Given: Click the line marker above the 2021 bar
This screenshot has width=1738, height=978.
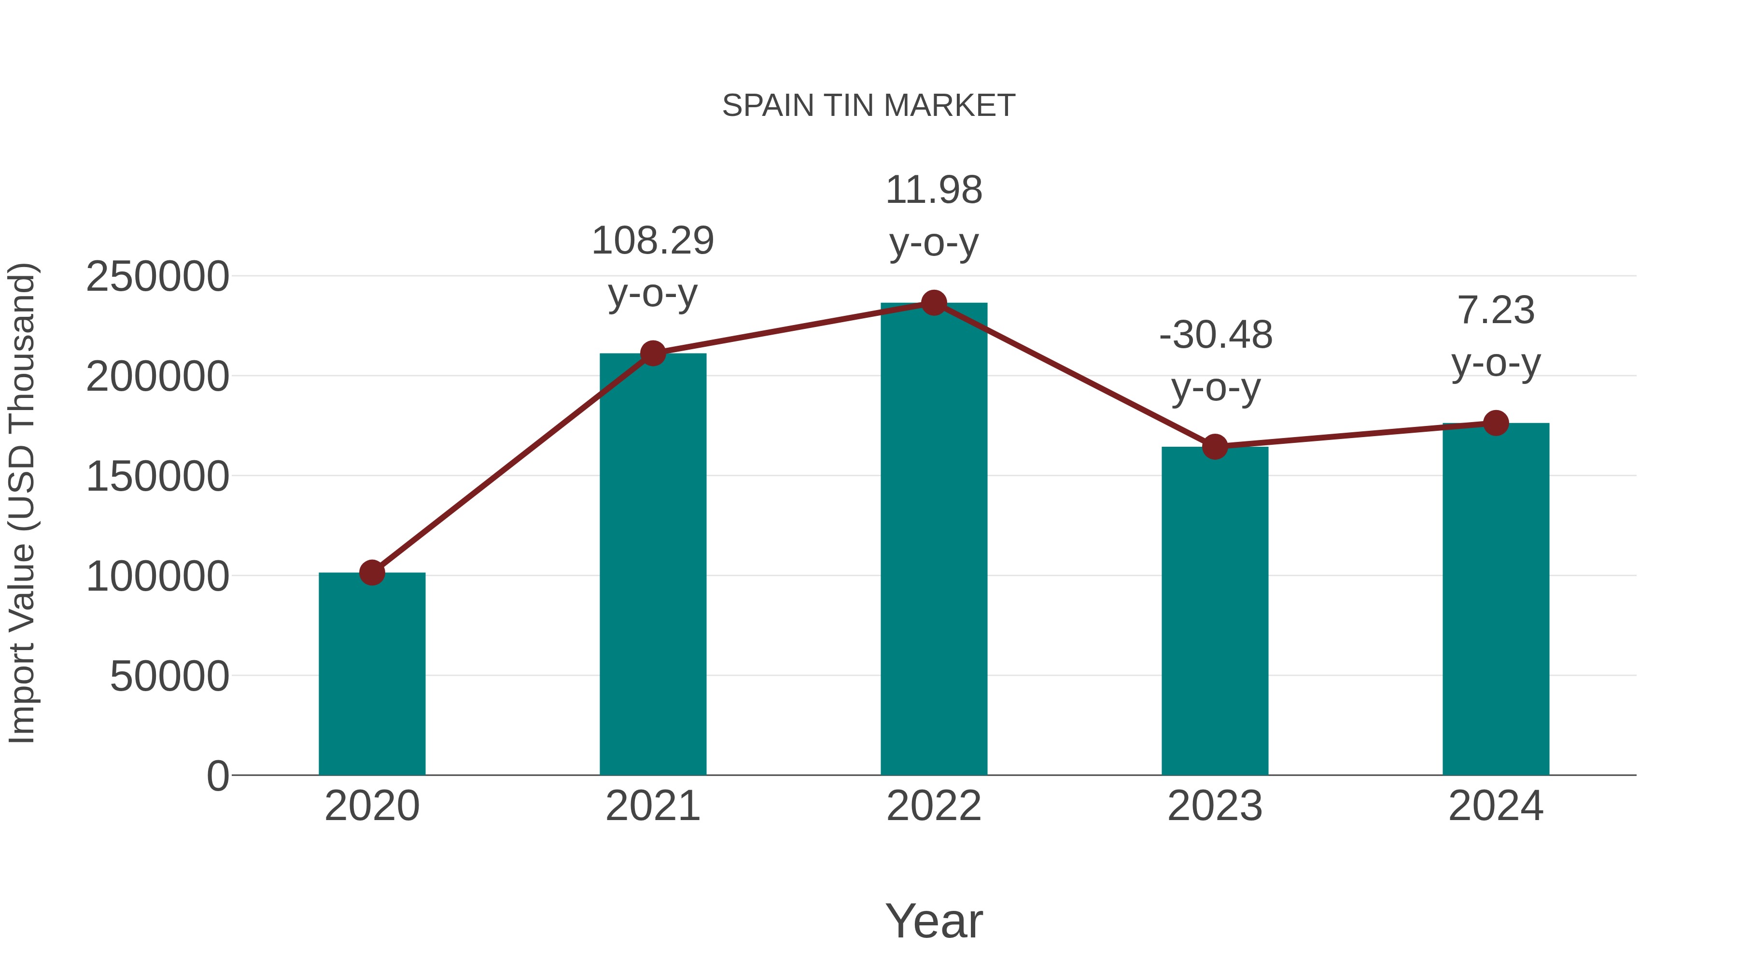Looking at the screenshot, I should point(652,353).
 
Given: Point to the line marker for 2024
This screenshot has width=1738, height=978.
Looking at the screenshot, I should point(1495,423).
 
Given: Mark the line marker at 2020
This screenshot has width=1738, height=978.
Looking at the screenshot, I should point(372,572).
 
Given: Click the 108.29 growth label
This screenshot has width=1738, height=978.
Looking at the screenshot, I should point(652,241).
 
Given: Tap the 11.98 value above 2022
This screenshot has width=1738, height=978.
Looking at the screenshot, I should point(933,190).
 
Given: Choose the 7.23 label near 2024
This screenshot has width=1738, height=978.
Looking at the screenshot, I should point(1496,311).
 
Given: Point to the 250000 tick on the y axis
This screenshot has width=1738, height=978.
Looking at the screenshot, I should point(157,277).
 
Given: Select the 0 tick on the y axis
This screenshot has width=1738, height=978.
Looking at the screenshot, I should point(217,776).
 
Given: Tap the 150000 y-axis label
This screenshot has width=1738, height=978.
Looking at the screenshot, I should point(157,477).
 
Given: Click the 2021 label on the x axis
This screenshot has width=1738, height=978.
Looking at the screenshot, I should point(652,806).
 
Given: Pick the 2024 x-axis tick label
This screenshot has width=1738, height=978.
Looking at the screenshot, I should point(1495,806).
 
